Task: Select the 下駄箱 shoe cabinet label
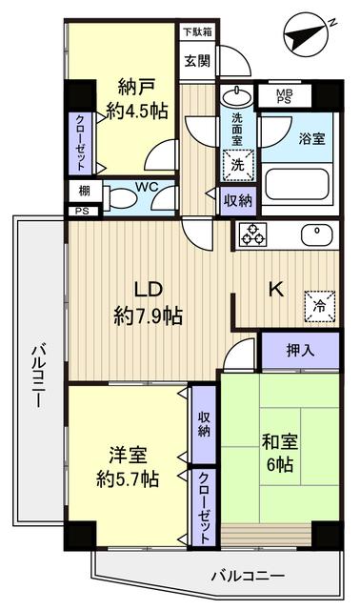point(198,31)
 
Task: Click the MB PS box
point(284,96)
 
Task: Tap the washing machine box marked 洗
point(235,161)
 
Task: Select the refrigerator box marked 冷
point(319,305)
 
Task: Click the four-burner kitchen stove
point(253,234)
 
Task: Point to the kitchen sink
point(314,234)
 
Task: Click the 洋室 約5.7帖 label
point(127,465)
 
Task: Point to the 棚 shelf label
point(84,192)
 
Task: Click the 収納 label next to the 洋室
point(204,425)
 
